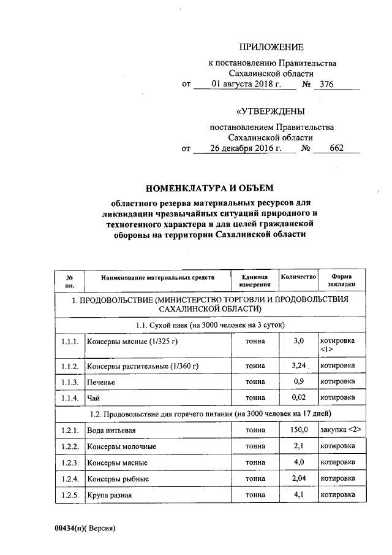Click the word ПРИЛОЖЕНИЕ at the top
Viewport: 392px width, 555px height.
click(271, 47)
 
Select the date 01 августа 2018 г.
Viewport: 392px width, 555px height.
click(245, 84)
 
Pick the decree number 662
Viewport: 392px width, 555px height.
click(336, 148)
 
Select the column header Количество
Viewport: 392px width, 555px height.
click(298, 277)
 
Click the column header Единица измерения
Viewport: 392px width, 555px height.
click(255, 281)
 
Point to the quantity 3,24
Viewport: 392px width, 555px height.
click(298, 366)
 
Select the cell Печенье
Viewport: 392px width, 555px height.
click(100, 381)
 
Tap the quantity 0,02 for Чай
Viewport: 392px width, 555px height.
click(298, 397)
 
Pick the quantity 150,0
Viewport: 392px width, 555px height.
click(298, 431)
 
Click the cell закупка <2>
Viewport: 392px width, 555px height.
click(340, 431)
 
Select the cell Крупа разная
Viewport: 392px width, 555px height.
click(110, 495)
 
